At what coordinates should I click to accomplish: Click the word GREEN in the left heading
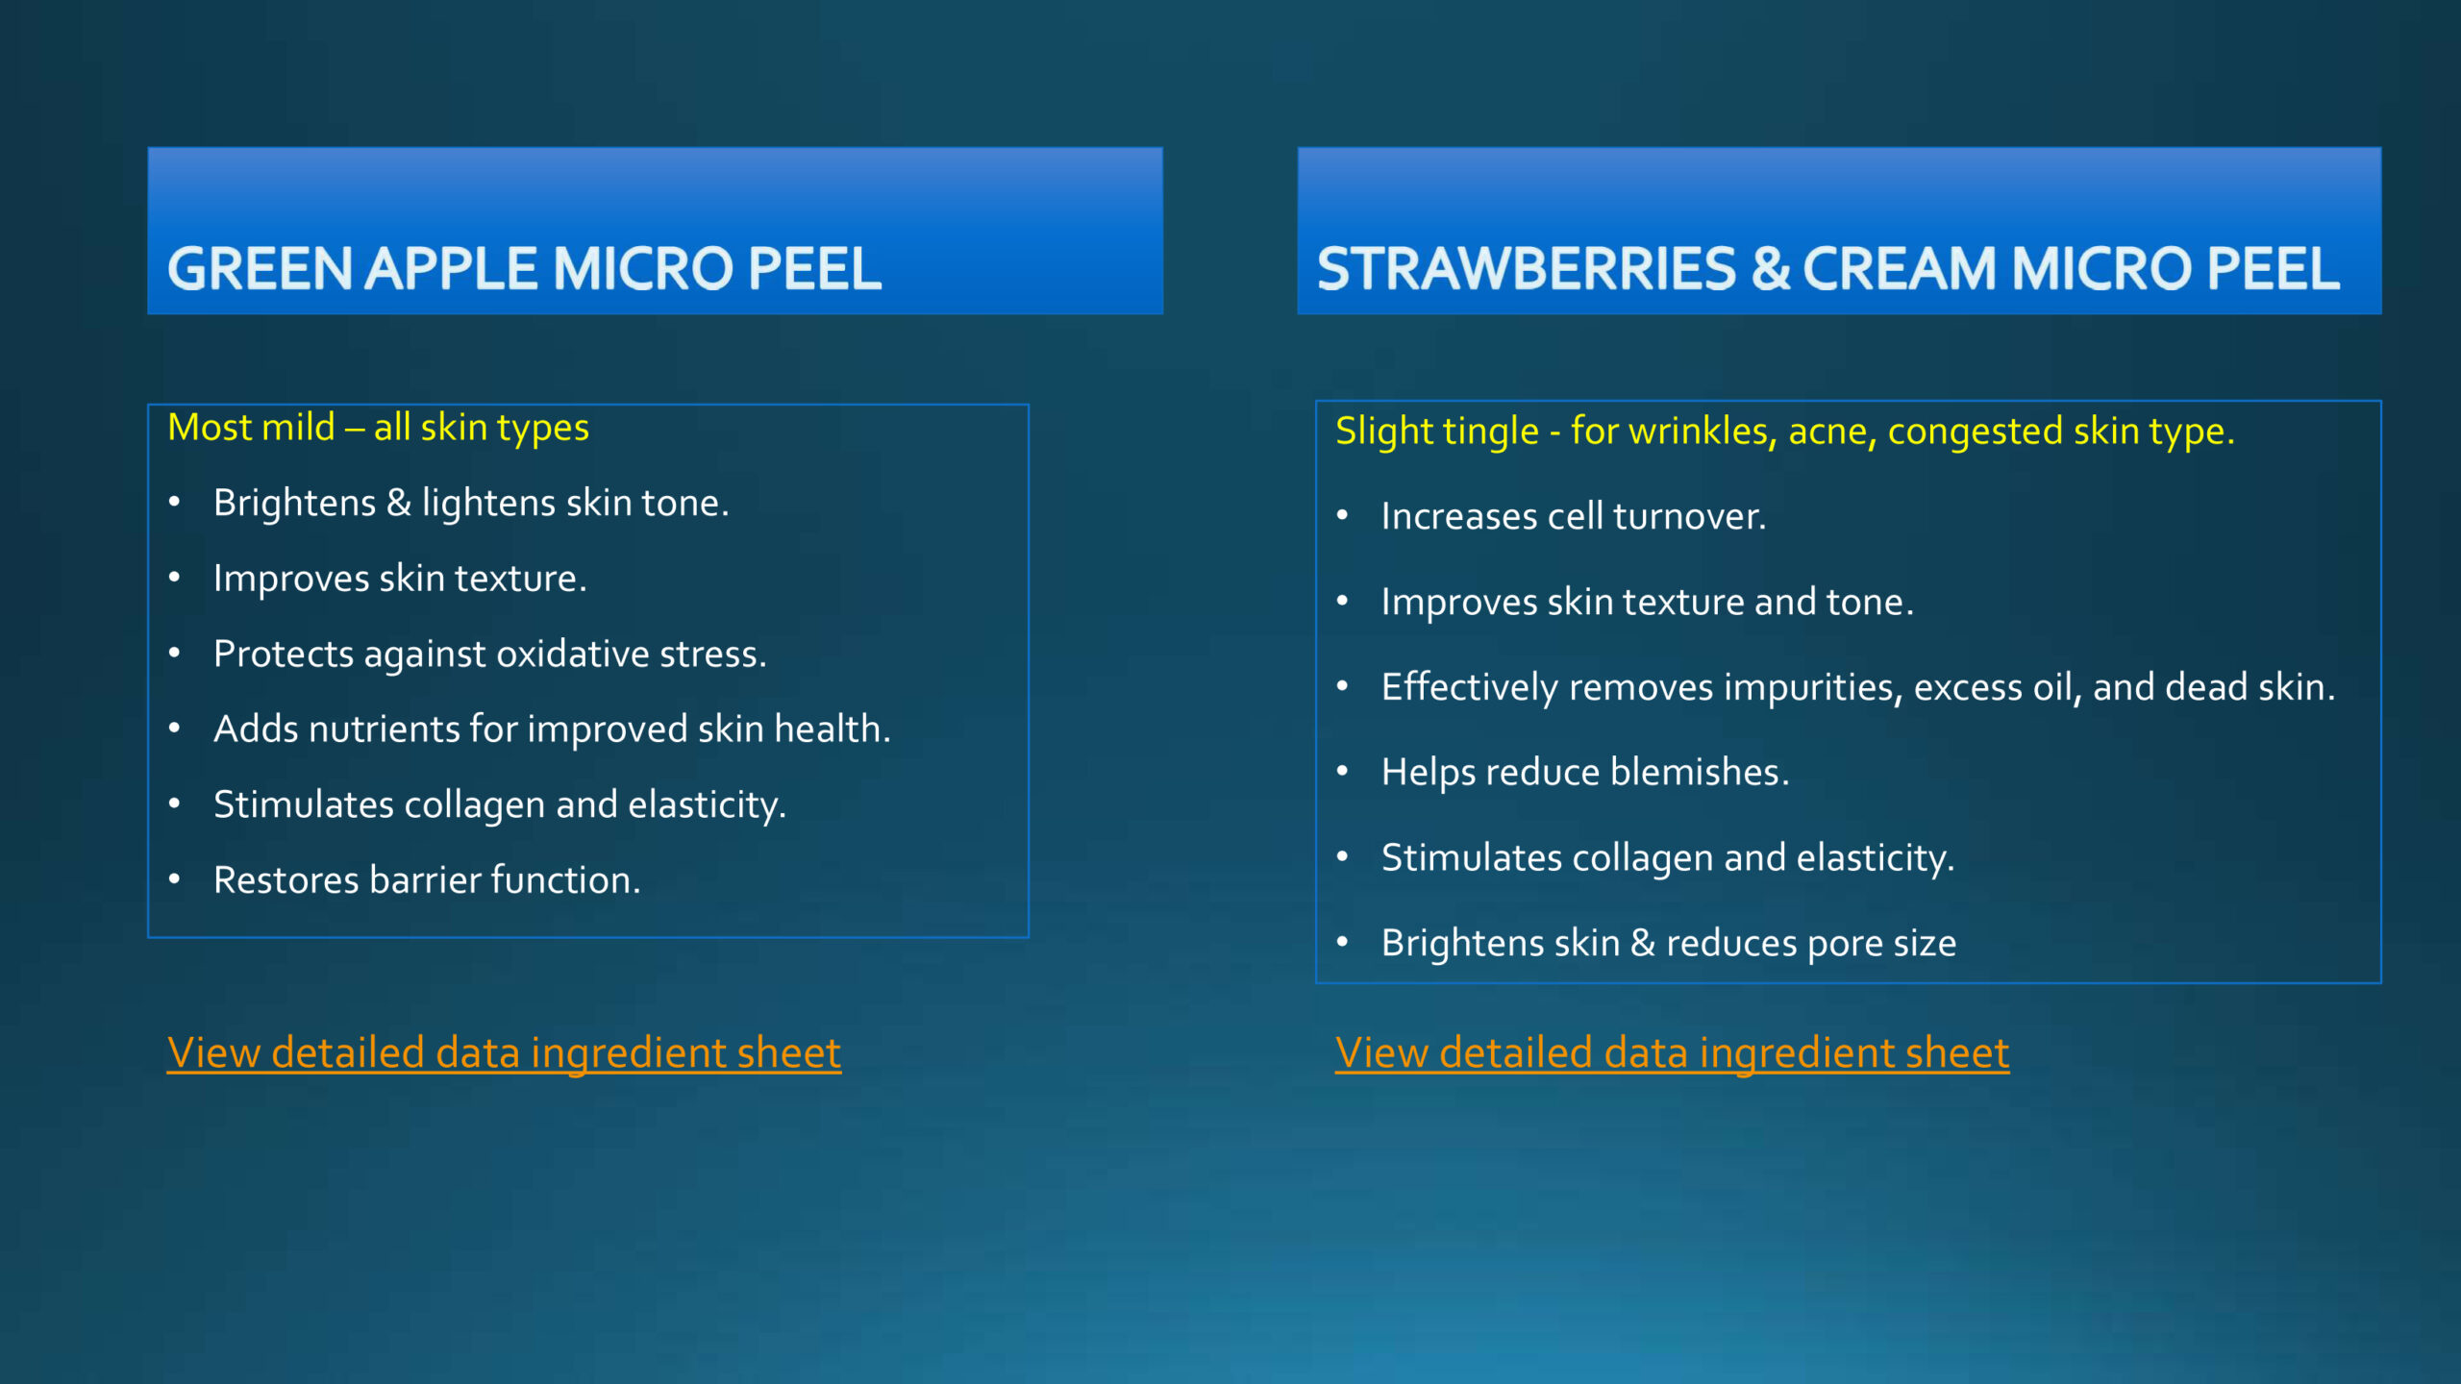click(260, 268)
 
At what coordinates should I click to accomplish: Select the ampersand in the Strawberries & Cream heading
click(1770, 268)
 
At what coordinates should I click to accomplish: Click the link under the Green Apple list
click(504, 1052)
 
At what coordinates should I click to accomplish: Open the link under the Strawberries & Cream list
click(1672, 1052)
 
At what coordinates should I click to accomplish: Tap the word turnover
click(1689, 517)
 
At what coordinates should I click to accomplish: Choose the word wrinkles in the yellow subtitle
click(1703, 432)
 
